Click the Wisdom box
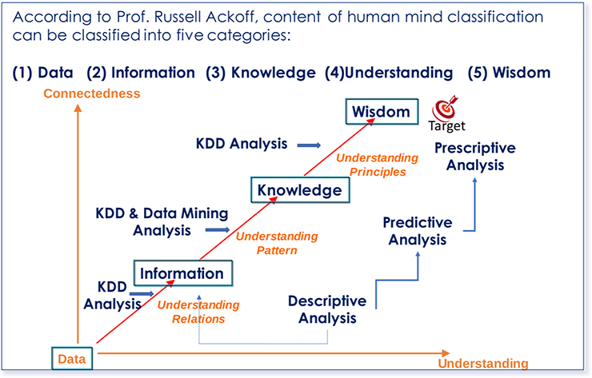pyautogui.click(x=381, y=111)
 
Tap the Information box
pyautogui.click(x=182, y=273)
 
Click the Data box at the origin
pyautogui.click(x=72, y=359)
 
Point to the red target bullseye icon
pyautogui.click(x=444, y=109)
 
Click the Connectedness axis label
pyautogui.click(x=91, y=94)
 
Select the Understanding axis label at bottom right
pyautogui.click(x=482, y=364)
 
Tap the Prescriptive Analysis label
pyautogui.click(x=475, y=157)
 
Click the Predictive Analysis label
pyautogui.click(x=417, y=230)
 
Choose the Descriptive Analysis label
pyautogui.click(x=326, y=309)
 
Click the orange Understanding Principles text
pyautogui.click(x=377, y=165)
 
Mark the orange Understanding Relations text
pyautogui.click(x=198, y=312)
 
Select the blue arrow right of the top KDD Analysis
pyautogui.click(x=309, y=145)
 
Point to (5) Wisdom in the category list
pyautogui.click(x=509, y=73)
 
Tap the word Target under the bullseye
pyautogui.click(x=446, y=126)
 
